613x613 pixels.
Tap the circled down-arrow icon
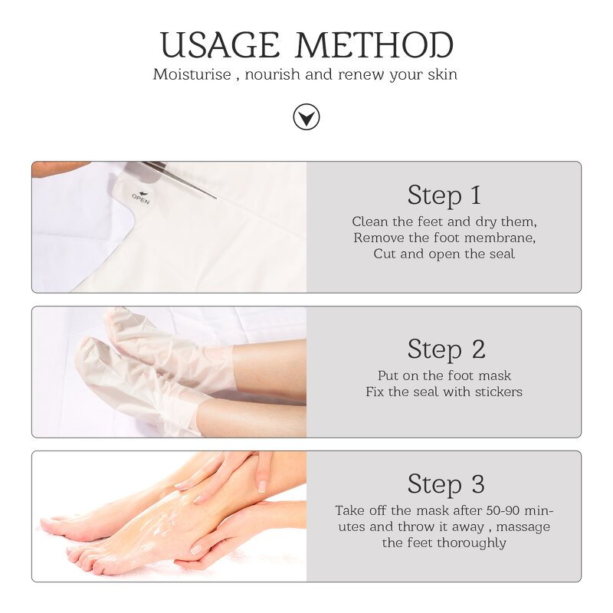[306, 117]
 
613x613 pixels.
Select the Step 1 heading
[444, 195]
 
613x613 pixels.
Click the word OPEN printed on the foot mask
[140, 198]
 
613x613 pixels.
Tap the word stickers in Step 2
[497, 392]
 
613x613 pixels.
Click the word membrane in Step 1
[500, 238]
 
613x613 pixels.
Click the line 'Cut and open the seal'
[444, 254]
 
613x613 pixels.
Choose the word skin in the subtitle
[443, 75]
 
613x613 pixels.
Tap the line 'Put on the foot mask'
[444, 375]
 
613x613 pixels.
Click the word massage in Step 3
[526, 526]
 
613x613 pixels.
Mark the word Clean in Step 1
[369, 221]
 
